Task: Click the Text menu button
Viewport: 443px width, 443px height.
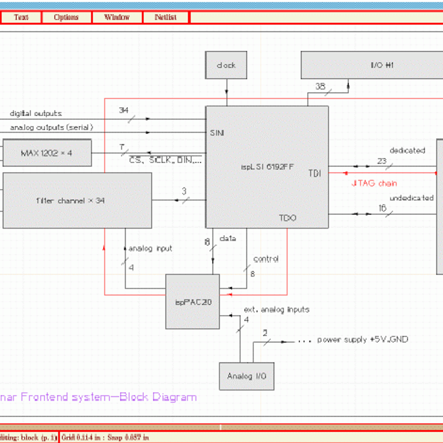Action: [21, 17]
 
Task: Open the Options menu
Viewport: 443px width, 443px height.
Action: [66, 17]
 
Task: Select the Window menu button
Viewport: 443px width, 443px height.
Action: [117, 17]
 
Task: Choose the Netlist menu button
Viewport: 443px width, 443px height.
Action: [166, 17]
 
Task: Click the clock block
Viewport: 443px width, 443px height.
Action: [226, 65]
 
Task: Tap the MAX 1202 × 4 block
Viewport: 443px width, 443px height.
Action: [47, 153]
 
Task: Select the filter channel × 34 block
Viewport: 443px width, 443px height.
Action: [77, 200]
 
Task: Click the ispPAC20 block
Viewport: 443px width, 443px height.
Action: [193, 302]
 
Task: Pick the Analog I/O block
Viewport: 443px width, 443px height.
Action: [247, 376]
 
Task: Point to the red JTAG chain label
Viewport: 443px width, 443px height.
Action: [374, 183]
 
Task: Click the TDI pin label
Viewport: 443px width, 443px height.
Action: [315, 174]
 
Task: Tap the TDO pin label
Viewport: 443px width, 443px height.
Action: [288, 218]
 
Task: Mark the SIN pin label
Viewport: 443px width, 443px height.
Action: [217, 133]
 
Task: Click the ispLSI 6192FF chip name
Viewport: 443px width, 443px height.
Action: [267, 167]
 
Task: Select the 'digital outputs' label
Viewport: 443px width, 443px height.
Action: [36, 114]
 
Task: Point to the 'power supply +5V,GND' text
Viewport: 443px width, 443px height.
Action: [363, 340]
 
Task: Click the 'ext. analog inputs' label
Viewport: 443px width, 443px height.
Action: [277, 309]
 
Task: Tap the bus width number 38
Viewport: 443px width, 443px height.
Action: [320, 86]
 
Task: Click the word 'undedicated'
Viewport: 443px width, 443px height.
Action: [412, 198]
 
